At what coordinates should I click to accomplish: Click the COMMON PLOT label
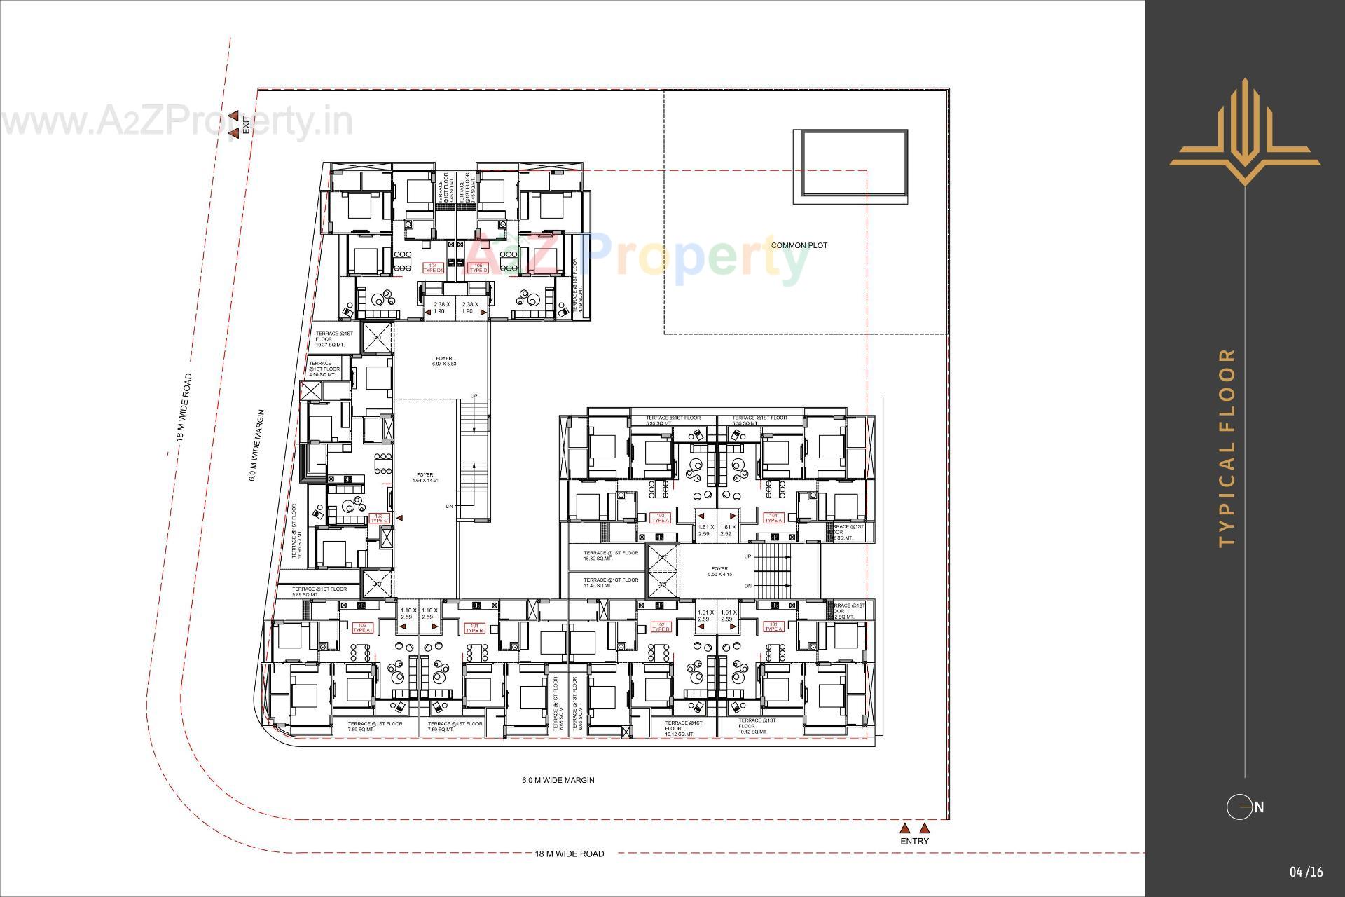(799, 245)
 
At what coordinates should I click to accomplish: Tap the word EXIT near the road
(246, 125)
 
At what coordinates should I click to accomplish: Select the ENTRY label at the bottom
(914, 841)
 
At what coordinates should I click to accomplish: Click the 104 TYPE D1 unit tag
(433, 268)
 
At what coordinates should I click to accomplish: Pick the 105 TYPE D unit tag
(478, 268)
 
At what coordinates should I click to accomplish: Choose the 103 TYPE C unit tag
(379, 518)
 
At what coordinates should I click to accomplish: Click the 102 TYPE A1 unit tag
(362, 627)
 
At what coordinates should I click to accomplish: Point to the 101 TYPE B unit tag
(474, 627)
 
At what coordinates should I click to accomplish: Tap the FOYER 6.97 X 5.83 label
(444, 361)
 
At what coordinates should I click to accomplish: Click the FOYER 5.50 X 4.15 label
(719, 571)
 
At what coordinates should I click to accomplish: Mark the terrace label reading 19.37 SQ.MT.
(330, 339)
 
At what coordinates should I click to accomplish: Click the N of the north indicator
(1259, 807)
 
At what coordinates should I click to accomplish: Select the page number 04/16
(1306, 872)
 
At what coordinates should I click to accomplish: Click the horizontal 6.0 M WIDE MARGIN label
(558, 780)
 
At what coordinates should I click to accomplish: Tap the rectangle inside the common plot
(850, 166)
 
